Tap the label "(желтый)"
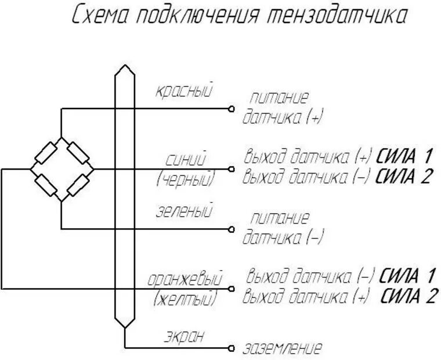(186, 300)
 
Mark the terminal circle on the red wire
(231, 109)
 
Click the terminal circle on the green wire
(231, 229)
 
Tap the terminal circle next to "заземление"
(231, 348)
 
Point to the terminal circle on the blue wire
(231, 169)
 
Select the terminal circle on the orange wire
(231, 289)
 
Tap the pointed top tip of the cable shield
(123, 67)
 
